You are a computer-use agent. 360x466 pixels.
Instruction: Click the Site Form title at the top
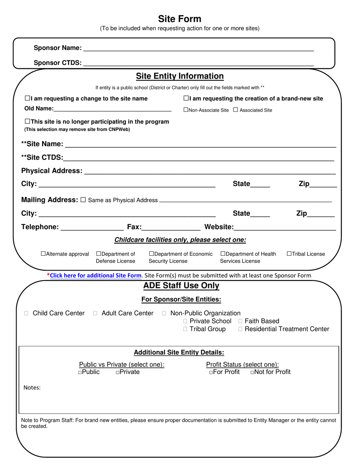click(x=180, y=19)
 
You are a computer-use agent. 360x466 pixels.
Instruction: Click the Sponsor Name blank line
click(x=198, y=48)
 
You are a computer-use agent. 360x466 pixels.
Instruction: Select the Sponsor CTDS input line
click(x=198, y=63)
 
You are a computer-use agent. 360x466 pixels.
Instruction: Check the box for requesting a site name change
click(x=27, y=99)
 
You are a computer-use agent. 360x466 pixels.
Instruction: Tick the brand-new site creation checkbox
click(x=186, y=99)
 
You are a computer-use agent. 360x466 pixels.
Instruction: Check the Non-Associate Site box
click(x=186, y=110)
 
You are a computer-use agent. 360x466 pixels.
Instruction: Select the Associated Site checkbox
click(x=236, y=110)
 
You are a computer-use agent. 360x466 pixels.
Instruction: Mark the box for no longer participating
click(x=27, y=122)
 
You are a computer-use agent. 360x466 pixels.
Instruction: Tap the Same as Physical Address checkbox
click(x=83, y=200)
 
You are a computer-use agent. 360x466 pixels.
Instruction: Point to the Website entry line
click(x=285, y=227)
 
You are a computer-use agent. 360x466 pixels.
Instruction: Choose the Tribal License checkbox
click(x=289, y=254)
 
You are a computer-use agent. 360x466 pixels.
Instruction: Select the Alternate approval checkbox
click(x=43, y=254)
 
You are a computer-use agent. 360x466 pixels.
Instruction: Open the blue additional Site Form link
click(x=95, y=275)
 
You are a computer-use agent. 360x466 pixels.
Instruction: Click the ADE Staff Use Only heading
click(x=181, y=286)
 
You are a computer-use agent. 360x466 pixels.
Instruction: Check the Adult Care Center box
click(x=95, y=313)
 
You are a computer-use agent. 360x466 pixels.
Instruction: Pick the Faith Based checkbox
click(x=241, y=321)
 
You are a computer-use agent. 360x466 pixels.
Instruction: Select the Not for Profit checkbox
click(x=252, y=372)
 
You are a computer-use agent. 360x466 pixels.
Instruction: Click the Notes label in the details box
click(x=32, y=388)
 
